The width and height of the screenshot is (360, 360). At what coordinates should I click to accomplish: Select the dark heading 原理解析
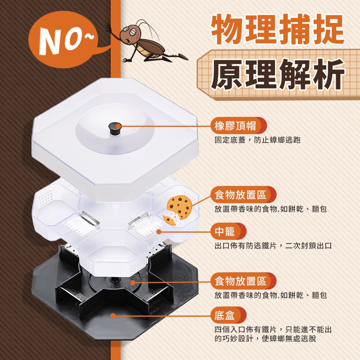click(277, 75)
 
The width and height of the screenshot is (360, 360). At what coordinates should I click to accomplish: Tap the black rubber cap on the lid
click(115, 129)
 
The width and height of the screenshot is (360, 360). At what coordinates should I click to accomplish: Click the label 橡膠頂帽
click(235, 126)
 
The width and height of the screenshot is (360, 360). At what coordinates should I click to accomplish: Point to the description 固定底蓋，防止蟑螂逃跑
click(257, 140)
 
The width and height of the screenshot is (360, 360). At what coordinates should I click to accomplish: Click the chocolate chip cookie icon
click(179, 207)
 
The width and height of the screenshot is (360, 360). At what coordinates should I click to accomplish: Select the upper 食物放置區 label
click(240, 195)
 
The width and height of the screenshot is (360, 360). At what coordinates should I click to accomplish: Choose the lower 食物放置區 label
click(240, 281)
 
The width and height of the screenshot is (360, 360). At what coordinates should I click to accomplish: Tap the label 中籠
click(225, 231)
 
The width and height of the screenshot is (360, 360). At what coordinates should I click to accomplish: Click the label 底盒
click(225, 315)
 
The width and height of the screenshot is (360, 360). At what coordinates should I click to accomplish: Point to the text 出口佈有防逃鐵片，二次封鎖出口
click(273, 246)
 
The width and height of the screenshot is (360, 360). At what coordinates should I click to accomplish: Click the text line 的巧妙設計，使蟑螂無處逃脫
click(265, 338)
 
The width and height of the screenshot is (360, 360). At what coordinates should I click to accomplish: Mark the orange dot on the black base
click(113, 315)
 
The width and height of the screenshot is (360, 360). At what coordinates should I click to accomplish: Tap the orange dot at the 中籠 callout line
click(159, 232)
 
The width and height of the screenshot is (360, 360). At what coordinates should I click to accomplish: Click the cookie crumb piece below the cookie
click(169, 220)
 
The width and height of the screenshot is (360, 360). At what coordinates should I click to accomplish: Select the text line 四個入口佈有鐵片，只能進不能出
click(273, 330)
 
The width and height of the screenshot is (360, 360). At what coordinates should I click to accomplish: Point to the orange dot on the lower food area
click(133, 283)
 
